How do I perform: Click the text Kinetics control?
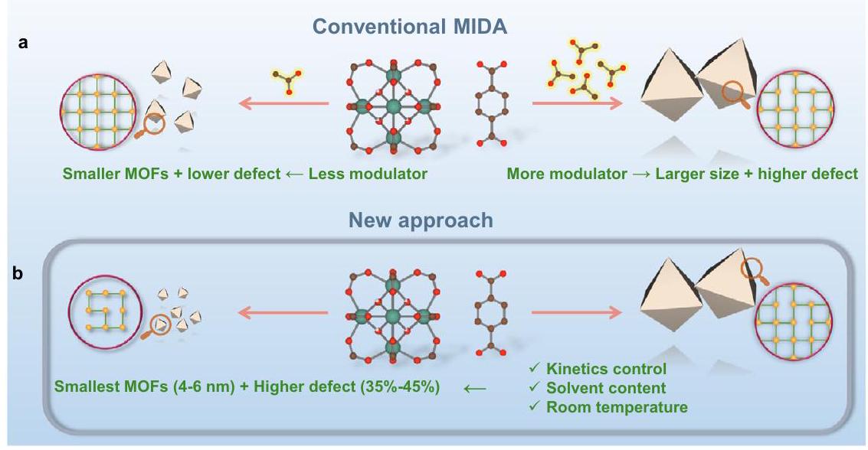pos(605,370)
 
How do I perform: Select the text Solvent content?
pos(605,388)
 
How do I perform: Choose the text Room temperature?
pos(617,407)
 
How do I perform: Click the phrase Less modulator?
pos(368,174)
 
